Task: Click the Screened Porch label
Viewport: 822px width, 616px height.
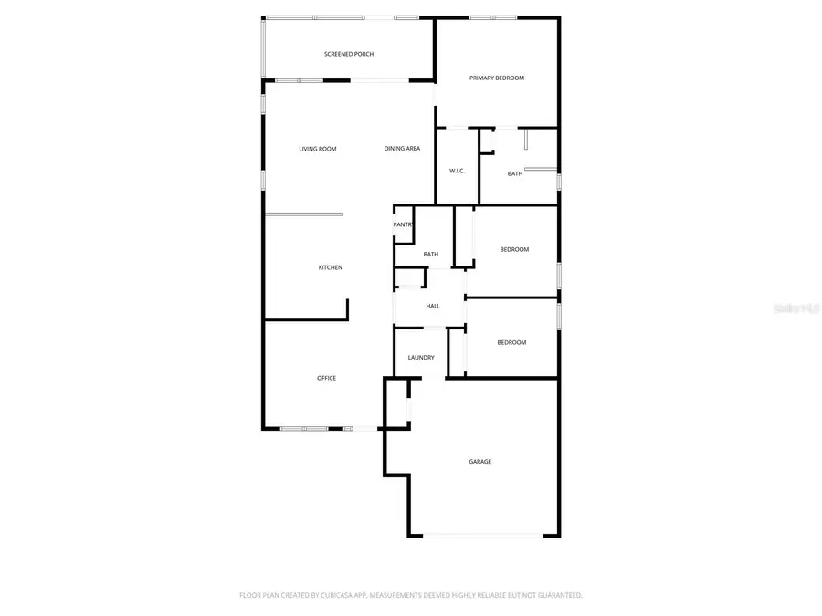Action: [349, 54]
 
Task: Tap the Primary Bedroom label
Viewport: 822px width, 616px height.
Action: [497, 78]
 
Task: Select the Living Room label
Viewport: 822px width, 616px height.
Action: [318, 149]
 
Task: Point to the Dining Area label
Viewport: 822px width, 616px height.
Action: [402, 149]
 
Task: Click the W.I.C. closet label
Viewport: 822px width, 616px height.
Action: [458, 172]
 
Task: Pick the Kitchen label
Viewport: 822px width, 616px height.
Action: [330, 267]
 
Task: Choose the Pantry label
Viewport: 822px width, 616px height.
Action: [403, 224]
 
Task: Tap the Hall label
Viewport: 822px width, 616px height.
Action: [433, 306]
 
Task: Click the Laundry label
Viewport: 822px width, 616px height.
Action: [421, 358]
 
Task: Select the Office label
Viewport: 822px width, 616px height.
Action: [326, 378]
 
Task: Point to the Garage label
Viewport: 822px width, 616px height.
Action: [480, 462]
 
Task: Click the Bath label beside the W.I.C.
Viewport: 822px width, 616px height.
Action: [515, 173]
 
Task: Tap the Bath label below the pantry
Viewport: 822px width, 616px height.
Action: [431, 255]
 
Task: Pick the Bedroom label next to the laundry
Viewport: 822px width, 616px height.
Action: [511, 342]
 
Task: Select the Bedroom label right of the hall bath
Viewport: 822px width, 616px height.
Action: [514, 249]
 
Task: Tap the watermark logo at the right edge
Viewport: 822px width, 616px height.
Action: [796, 308]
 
